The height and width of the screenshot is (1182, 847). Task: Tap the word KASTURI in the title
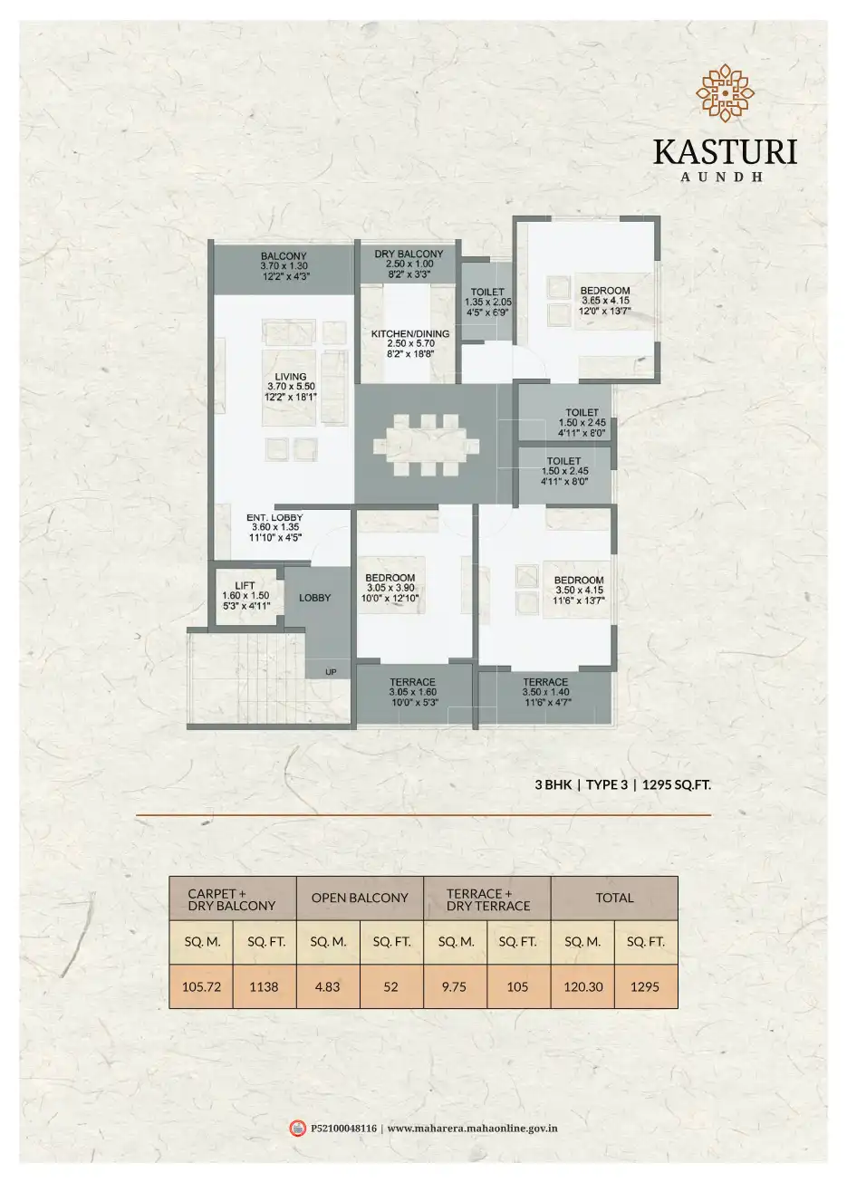(725, 150)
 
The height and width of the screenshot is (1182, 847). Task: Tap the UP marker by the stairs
(331, 672)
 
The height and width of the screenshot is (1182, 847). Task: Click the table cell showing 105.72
(202, 986)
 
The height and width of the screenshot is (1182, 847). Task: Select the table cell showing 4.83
(327, 986)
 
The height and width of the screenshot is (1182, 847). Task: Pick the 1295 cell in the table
(646, 986)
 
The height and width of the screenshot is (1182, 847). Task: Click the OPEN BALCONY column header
(360, 898)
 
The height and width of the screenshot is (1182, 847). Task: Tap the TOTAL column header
(614, 898)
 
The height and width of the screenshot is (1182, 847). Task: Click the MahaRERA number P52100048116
(343, 1129)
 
